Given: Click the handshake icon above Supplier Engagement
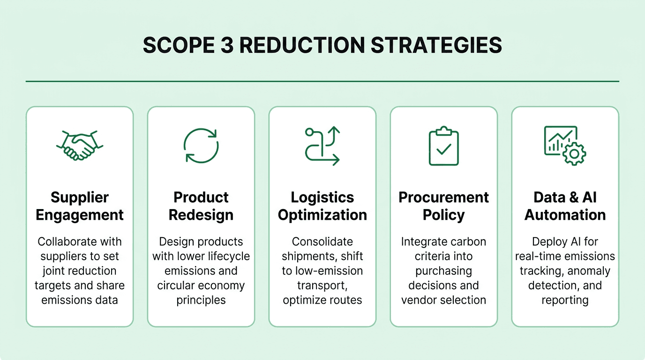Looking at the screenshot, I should pyautogui.click(x=80, y=145).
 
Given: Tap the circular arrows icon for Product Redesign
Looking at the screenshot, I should pyautogui.click(x=201, y=145).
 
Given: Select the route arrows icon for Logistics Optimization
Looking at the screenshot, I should pyautogui.click(x=322, y=145).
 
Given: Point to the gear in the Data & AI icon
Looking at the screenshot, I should pyautogui.click(x=574, y=154).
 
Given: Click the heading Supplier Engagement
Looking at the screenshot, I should pyautogui.click(x=80, y=206).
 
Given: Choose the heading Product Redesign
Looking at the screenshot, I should pyautogui.click(x=201, y=206).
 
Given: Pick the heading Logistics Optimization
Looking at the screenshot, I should pyautogui.click(x=322, y=206).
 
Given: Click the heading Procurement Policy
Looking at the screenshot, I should pyautogui.click(x=443, y=206).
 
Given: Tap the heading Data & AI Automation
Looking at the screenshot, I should pyautogui.click(x=565, y=206).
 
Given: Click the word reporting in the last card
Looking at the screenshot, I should pyautogui.click(x=565, y=300).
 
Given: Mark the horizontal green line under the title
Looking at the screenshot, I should pyautogui.click(x=322, y=81).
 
